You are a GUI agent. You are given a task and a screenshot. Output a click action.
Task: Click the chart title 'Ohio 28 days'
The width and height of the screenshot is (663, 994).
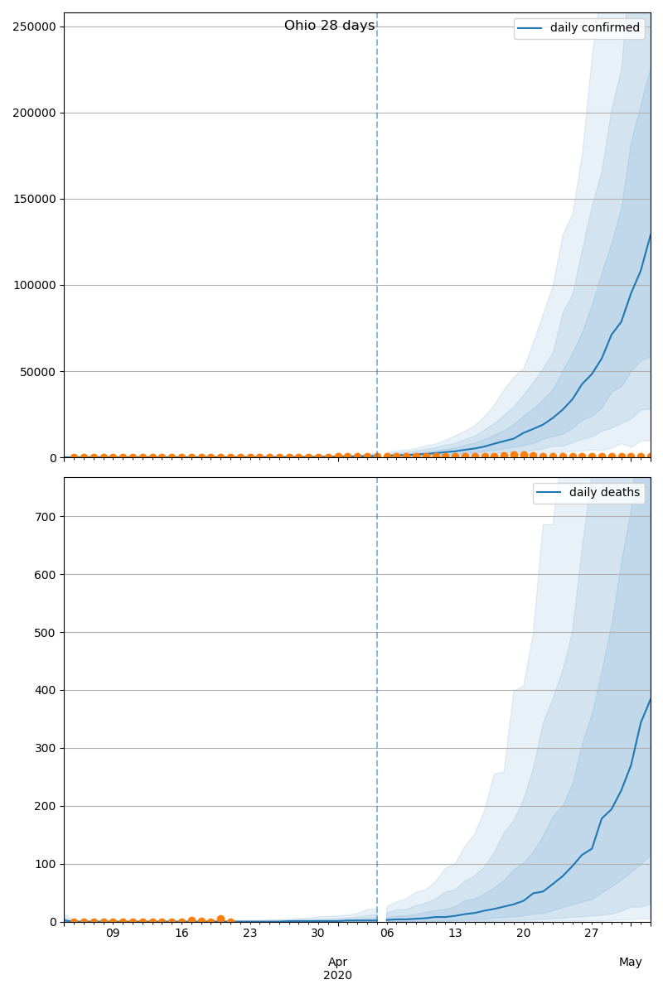click(x=329, y=26)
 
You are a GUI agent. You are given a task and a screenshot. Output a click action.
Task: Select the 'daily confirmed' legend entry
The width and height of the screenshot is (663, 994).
click(x=594, y=28)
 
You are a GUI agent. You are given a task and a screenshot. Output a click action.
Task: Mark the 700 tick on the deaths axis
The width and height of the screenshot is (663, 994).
click(x=46, y=517)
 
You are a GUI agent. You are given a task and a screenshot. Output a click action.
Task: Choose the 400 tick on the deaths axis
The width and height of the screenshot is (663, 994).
click(x=46, y=690)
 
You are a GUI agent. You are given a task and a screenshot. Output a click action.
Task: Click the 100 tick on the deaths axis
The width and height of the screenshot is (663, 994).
click(x=46, y=864)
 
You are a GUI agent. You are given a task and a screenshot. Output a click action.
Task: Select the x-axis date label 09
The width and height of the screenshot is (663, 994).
click(x=113, y=934)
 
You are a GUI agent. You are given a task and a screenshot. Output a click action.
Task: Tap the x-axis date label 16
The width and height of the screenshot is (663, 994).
click(x=181, y=934)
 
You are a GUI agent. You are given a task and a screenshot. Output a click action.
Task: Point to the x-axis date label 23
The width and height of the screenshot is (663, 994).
click(x=249, y=934)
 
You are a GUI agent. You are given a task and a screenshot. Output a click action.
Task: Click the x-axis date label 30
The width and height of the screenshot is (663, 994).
click(x=318, y=934)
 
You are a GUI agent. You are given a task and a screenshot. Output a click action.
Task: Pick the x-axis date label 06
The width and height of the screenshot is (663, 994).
click(x=387, y=934)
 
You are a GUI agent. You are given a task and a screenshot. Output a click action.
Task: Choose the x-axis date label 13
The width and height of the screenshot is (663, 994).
click(x=455, y=934)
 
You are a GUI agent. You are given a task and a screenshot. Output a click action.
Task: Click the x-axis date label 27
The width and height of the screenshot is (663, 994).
click(x=591, y=934)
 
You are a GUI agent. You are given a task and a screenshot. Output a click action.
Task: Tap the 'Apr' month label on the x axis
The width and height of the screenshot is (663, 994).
click(x=337, y=962)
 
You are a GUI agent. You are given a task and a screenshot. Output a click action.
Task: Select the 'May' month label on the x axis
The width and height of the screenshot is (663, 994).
click(x=630, y=962)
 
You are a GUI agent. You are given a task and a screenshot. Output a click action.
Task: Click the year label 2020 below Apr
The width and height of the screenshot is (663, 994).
click(x=337, y=975)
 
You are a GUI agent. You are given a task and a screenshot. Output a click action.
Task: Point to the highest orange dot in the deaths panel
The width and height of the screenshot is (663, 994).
click(x=220, y=919)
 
